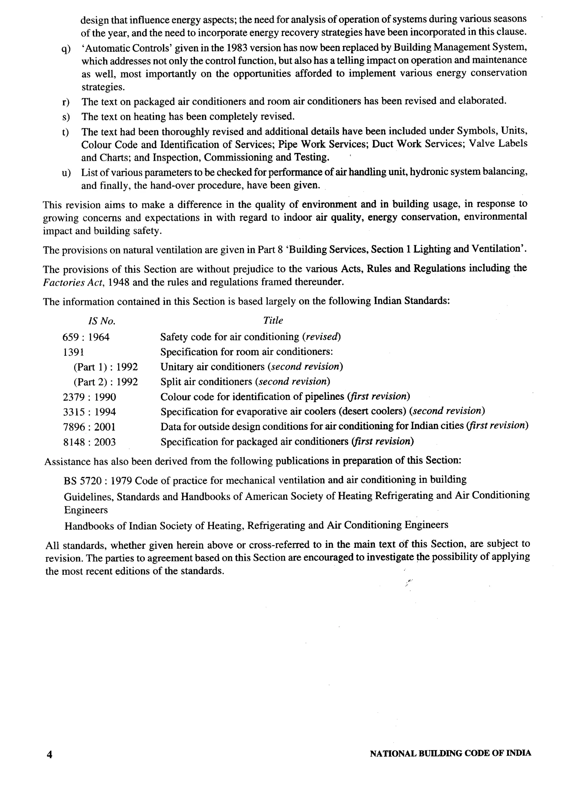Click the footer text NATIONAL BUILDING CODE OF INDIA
click(450, 753)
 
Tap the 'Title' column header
click(273, 320)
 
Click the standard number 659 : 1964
click(86, 337)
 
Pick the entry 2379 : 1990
click(89, 397)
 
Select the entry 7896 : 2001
click(89, 427)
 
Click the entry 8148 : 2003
click(89, 442)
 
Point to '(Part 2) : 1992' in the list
click(105, 382)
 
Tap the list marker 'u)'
click(66, 173)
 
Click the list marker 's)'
click(66, 117)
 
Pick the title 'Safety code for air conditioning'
click(230, 337)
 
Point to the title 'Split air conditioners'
click(207, 382)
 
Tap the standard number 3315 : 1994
click(89, 412)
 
